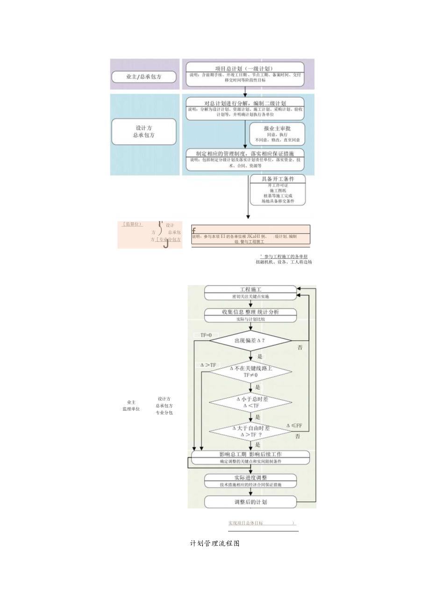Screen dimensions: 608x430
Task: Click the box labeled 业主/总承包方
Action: click(144, 77)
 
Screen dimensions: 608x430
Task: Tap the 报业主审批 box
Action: click(278, 134)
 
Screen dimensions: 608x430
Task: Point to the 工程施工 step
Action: click(251, 293)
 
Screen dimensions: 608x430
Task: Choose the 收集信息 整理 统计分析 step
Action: click(251, 315)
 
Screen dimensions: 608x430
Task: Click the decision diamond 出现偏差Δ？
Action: click(250, 340)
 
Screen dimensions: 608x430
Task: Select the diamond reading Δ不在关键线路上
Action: click(250, 372)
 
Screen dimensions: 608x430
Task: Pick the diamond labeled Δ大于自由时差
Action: click(250, 431)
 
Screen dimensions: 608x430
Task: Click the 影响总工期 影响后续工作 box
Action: click(251, 458)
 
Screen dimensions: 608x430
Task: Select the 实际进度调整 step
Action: click(251, 481)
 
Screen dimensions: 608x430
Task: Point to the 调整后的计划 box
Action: click(251, 502)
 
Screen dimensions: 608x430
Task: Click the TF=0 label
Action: click(203, 335)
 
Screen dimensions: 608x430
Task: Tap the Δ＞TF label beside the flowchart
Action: click(208, 365)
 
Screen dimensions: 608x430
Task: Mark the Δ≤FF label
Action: click(294, 426)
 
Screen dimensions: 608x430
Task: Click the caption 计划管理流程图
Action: click(215, 544)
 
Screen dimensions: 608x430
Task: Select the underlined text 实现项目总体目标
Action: click(246, 523)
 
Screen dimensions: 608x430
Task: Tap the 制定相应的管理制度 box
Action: click(245, 159)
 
